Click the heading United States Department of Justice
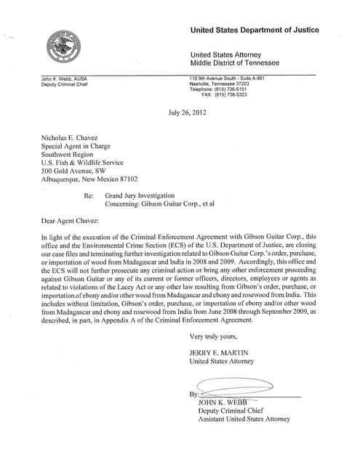click(x=254, y=30)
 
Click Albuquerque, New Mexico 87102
click(x=94, y=178)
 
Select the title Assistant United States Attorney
click(x=244, y=419)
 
